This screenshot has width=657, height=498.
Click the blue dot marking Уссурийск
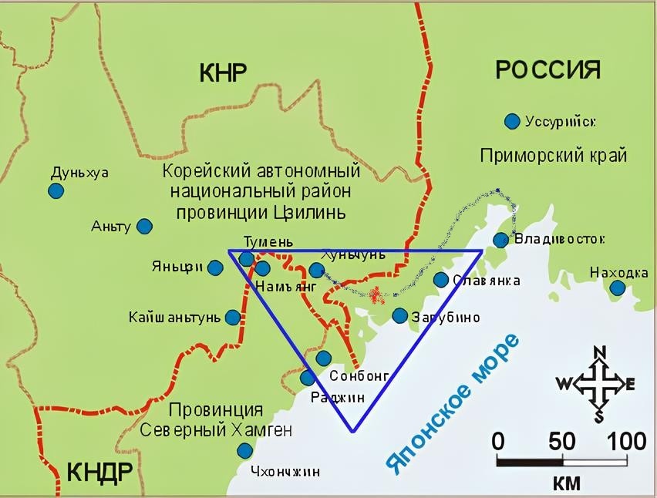pos(511,121)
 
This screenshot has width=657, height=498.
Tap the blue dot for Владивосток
pos(500,240)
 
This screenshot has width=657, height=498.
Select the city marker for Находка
pos(618,288)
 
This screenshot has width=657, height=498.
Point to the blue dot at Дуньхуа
pos(56,190)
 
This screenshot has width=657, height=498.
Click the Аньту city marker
pos(144,226)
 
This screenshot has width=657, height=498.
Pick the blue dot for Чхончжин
pos(244,450)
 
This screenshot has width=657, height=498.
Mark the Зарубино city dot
pos(399,315)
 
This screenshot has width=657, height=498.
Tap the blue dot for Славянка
pos(440,280)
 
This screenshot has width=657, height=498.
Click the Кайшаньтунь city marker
pos(233,317)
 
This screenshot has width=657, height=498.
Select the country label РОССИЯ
pos(547,70)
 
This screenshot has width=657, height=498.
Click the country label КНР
pos(223,73)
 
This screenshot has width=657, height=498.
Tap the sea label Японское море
pos(453,404)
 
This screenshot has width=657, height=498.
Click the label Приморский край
pos(553,155)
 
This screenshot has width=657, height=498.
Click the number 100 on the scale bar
pos(626,441)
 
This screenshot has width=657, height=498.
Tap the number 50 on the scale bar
pos(562,441)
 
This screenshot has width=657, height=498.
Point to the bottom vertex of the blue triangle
pos(352,431)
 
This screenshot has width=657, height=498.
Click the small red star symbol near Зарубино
pos(376,294)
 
